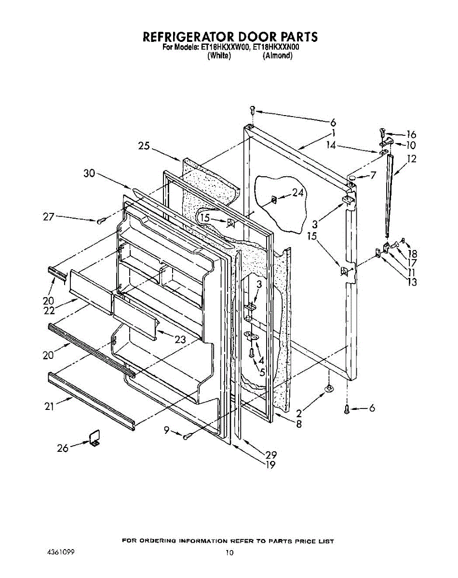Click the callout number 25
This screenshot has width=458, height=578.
pos(144,146)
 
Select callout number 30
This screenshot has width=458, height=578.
pos(89,174)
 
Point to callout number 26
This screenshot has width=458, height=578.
pos(63,448)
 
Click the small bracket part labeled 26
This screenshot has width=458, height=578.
pos(94,437)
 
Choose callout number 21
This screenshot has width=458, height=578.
pos(49,407)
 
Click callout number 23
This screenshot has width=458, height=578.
pos(180,339)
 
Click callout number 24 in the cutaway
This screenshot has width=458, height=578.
pos(298,193)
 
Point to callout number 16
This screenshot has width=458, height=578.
pos(411,134)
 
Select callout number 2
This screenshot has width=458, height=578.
pos(298,413)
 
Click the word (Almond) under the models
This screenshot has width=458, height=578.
pos(278,55)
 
